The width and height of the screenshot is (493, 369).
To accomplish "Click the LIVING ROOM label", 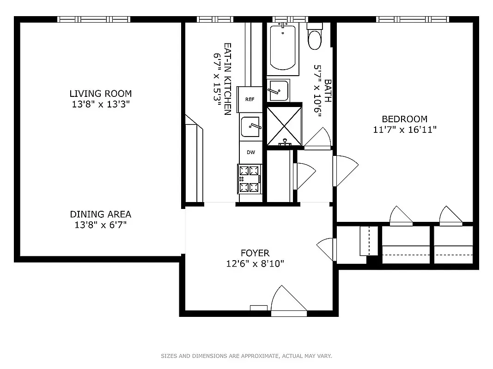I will pyautogui.click(x=100, y=94).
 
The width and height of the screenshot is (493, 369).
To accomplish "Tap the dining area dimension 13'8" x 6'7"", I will pyautogui.click(x=100, y=225).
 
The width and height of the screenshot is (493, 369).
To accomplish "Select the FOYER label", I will pyautogui.click(x=255, y=253).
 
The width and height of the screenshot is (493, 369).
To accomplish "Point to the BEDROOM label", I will pyautogui.click(x=404, y=119).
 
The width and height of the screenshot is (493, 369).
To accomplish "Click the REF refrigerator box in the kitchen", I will pyautogui.click(x=250, y=99).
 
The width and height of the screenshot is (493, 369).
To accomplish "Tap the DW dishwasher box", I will pyautogui.click(x=250, y=152).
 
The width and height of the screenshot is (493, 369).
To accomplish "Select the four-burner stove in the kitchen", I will pyautogui.click(x=250, y=178).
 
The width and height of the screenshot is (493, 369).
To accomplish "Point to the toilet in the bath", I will pyautogui.click(x=316, y=38).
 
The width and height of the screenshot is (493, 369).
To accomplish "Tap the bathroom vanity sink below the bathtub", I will pyautogui.click(x=278, y=90).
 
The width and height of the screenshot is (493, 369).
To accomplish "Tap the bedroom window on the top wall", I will pyautogui.click(x=413, y=19).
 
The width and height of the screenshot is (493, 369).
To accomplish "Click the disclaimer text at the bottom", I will pyautogui.click(x=246, y=356).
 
